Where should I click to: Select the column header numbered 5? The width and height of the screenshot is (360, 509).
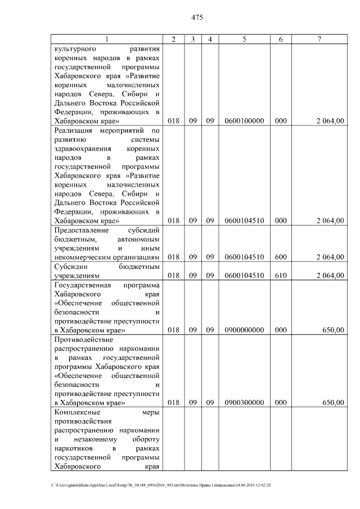pyautogui.click(x=244, y=39)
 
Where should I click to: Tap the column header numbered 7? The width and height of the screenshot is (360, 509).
pyautogui.click(x=319, y=39)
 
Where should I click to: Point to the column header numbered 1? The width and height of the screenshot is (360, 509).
pyautogui.click(x=107, y=39)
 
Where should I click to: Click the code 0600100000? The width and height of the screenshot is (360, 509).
pyautogui.click(x=244, y=121)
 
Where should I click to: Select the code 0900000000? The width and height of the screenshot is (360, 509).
pyautogui.click(x=244, y=331)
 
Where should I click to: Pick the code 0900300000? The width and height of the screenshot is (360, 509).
pyautogui.click(x=244, y=403)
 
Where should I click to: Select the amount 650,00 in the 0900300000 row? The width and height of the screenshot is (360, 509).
pyautogui.click(x=332, y=403)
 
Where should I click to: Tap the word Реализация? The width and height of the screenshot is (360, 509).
pyautogui.click(x=74, y=130)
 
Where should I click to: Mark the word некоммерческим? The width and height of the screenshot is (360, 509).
pyautogui.click(x=82, y=257)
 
